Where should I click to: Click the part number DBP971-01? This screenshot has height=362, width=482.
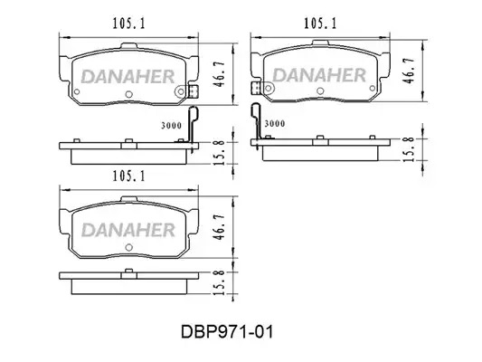point(227,332)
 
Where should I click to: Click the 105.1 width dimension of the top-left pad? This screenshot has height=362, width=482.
point(128,24)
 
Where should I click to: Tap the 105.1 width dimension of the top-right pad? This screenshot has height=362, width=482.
point(320,24)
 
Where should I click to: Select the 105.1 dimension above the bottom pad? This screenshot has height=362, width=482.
point(128,176)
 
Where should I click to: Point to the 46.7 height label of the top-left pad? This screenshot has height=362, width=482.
point(220,74)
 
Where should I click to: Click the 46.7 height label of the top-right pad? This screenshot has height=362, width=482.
point(410,71)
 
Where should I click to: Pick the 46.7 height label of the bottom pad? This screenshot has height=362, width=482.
point(220,227)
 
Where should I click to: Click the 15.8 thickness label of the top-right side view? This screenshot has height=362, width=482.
point(410,149)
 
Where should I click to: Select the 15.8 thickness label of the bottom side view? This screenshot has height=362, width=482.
point(220,283)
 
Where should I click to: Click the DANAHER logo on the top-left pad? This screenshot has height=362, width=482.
point(128,77)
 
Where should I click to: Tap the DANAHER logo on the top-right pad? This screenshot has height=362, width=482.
point(319,75)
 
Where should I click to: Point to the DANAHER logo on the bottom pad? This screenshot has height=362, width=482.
point(128,230)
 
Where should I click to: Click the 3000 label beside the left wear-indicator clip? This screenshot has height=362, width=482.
point(172,126)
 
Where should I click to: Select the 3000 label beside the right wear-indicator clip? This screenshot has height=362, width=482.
point(275,124)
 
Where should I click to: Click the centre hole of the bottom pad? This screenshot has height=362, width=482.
point(129,247)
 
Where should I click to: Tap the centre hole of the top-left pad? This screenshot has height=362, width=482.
point(129,94)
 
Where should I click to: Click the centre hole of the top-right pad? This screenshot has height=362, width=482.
point(320,90)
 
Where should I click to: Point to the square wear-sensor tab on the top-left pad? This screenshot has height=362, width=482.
point(193,91)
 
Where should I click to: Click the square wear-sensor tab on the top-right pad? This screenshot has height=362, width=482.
point(256,88)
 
